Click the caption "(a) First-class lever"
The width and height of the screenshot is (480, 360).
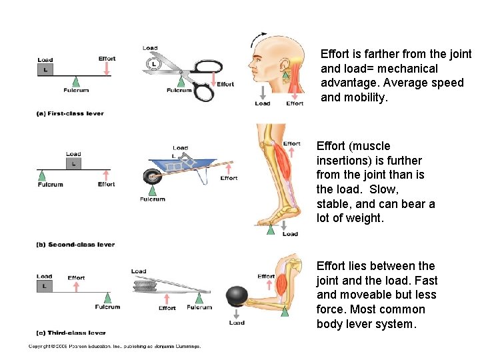70,113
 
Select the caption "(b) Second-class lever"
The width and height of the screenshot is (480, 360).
75,245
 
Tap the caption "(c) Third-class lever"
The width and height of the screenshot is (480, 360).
71,332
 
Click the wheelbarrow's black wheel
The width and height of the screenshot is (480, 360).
151,178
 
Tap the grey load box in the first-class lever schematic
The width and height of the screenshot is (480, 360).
45,69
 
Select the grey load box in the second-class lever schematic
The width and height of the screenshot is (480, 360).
73,163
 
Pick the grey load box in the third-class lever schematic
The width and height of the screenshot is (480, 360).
45,286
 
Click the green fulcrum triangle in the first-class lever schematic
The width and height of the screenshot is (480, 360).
76,81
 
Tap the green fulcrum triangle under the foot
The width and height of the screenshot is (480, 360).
271,229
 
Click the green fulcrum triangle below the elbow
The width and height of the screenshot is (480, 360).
285,311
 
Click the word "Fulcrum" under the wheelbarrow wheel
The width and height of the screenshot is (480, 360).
152,199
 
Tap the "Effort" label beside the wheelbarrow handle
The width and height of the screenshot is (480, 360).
229,178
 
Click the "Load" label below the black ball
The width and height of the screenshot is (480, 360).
237,323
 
